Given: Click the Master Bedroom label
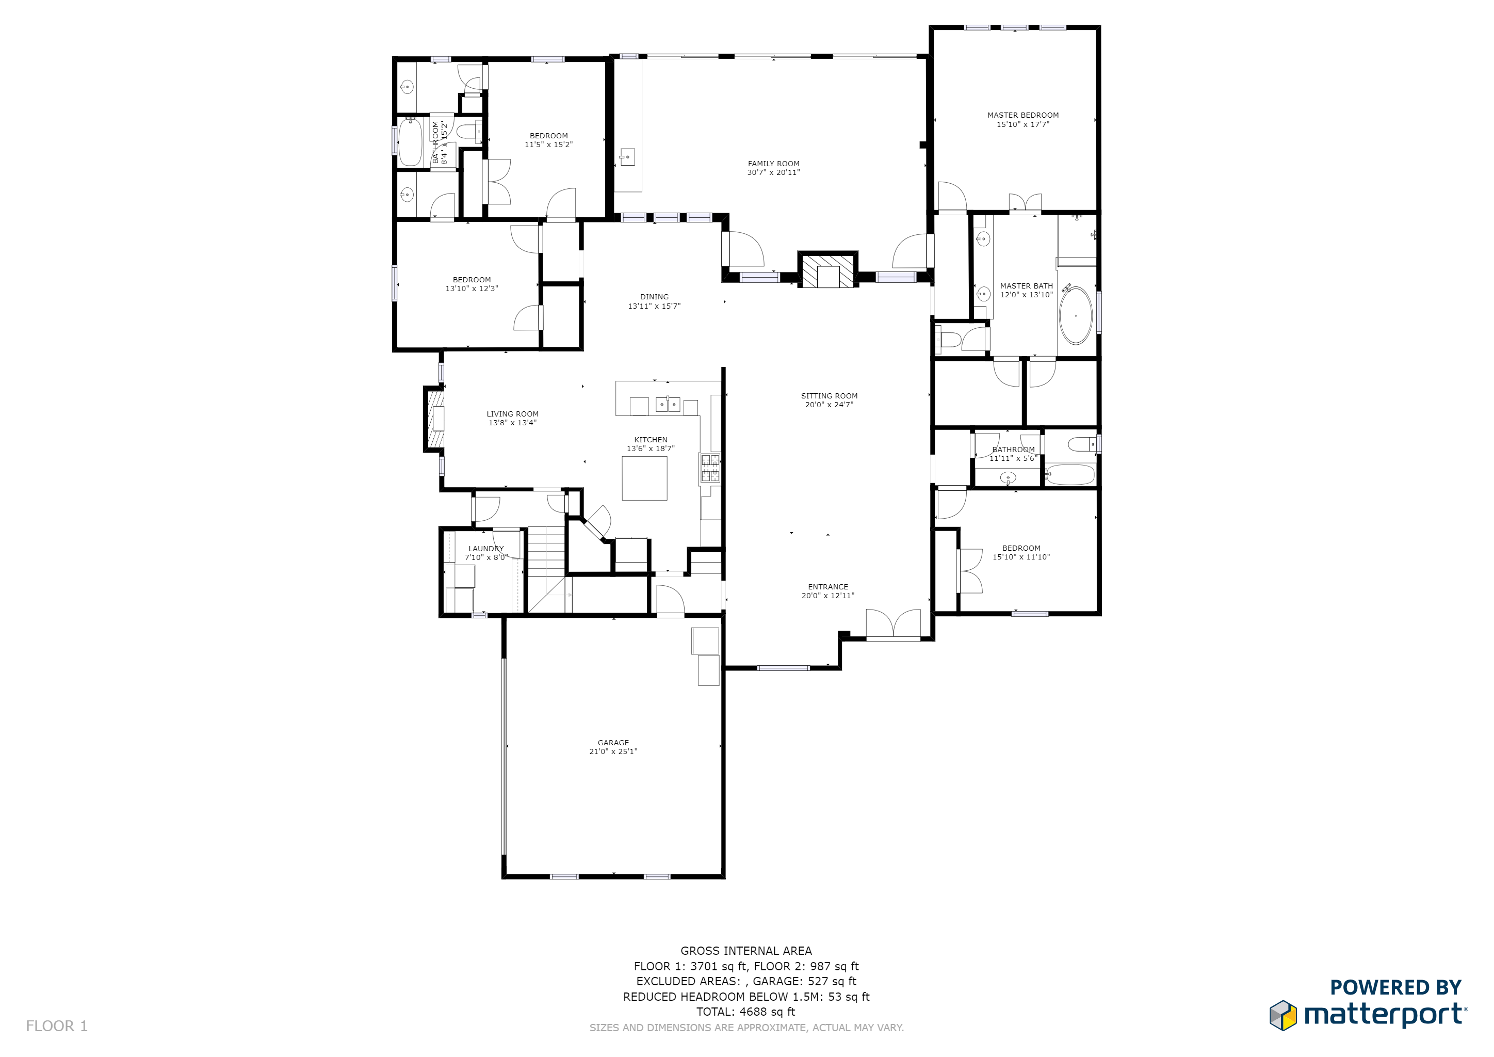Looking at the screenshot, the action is coord(1023,115).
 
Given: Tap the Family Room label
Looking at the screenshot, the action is coord(774,164).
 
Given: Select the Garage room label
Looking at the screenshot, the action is coord(613,743).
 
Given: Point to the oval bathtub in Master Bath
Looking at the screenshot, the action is coord(1076,316).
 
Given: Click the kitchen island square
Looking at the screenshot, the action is coord(644,478).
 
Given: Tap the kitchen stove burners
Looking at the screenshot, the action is coord(710,468).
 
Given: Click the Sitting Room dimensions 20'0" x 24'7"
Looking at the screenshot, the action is coord(829,405).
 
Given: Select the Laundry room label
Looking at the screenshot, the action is coord(486,549).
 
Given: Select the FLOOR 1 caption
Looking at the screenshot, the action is coord(57,1027).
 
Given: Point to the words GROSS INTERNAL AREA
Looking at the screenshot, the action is coord(746,951).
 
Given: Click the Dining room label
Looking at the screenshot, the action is coord(654,297).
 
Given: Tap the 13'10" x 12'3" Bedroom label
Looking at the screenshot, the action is coord(472,284).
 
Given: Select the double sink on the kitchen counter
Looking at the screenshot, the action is coord(668,405).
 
